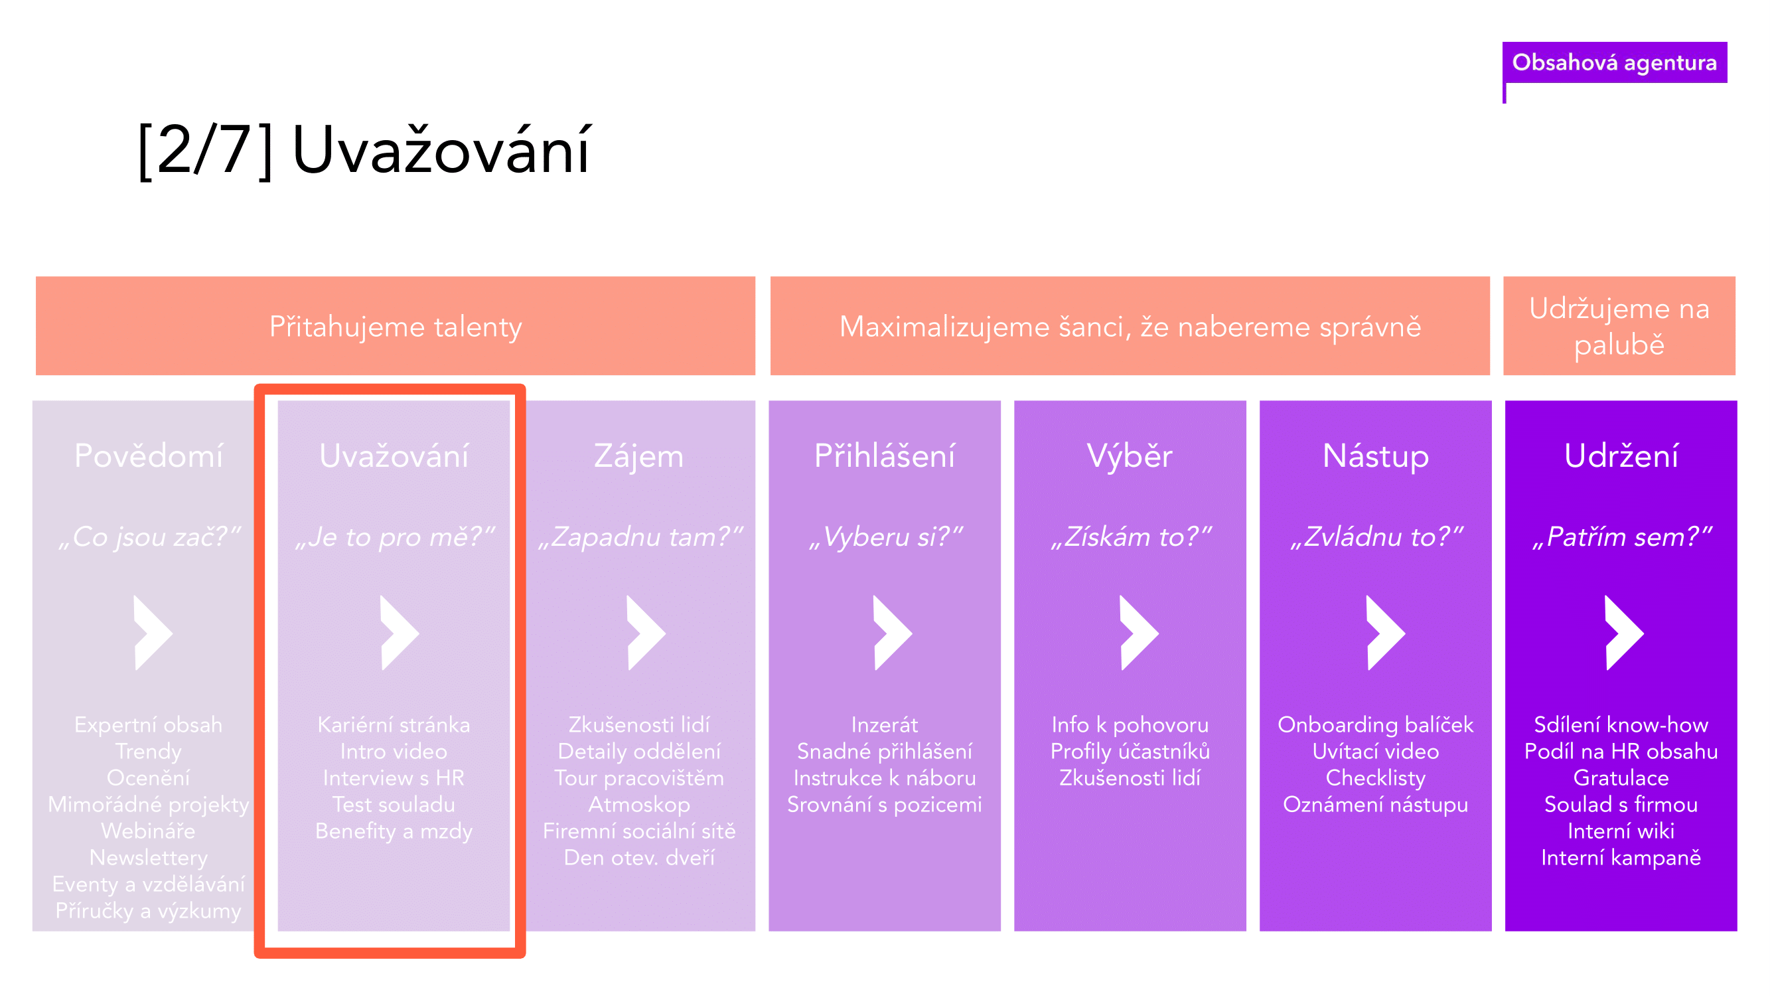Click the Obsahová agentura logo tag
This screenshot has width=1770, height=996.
(x=1614, y=62)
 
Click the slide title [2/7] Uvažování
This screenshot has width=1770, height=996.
(x=364, y=150)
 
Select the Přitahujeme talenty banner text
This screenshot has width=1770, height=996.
(x=395, y=327)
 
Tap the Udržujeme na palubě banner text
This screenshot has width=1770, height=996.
(x=1619, y=326)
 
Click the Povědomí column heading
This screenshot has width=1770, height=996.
(x=149, y=455)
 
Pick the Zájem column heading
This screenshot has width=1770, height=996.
(x=639, y=456)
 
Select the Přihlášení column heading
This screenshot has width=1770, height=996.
(x=884, y=455)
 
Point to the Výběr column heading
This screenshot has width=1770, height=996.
(x=1130, y=455)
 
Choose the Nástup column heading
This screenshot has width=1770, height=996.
(x=1376, y=456)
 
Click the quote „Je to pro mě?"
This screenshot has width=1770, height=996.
(x=394, y=537)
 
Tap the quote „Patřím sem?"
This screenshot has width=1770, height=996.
(x=1621, y=537)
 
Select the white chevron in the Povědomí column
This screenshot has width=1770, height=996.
(x=153, y=632)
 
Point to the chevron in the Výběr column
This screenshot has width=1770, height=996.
(x=1140, y=632)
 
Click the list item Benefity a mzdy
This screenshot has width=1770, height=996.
(x=394, y=831)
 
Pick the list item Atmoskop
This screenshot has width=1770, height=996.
(x=639, y=805)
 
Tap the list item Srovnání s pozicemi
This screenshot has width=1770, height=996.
(x=884, y=805)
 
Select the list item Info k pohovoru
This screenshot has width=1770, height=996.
(x=1130, y=724)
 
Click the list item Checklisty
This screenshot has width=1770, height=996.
(x=1376, y=778)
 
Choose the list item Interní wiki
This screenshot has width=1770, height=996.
(x=1621, y=831)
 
